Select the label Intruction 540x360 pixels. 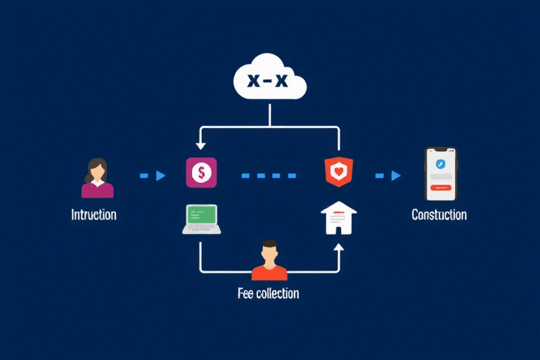(x=94, y=214)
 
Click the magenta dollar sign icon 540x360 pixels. (x=201, y=172)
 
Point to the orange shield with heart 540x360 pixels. (x=338, y=172)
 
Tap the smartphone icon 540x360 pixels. (x=441, y=174)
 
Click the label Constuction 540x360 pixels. (x=439, y=214)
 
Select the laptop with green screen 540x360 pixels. (x=202, y=219)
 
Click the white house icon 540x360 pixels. (x=338, y=217)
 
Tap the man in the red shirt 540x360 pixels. (x=269, y=261)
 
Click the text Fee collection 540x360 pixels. (x=268, y=293)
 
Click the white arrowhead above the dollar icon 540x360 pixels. (x=201, y=146)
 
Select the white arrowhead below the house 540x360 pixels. (x=338, y=247)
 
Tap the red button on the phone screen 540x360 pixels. (x=441, y=188)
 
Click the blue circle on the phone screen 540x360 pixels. (x=441, y=164)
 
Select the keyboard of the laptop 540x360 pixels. (x=202, y=229)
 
